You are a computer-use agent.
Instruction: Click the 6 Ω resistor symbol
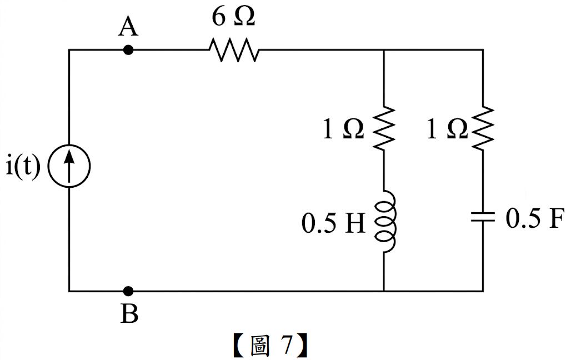tap(234, 49)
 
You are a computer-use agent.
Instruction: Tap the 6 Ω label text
tap(233, 17)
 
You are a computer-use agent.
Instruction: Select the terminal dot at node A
tap(128, 50)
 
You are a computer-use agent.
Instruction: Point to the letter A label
tap(128, 27)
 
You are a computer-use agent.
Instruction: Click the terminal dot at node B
tap(128, 291)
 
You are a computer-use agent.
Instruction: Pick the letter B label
tap(129, 313)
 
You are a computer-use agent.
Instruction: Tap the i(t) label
tap(23, 167)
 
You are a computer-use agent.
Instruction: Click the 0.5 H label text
tap(333, 224)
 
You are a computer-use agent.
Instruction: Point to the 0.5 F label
tap(534, 218)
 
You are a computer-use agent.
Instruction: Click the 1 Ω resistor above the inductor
tap(384, 128)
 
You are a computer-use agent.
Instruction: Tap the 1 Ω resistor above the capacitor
tap(483, 128)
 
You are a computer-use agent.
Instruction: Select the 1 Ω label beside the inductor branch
tap(343, 129)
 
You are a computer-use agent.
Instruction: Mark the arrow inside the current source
tap(69, 166)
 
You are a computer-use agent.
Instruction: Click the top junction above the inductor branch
tap(384, 50)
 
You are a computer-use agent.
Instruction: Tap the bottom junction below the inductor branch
tap(384, 291)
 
